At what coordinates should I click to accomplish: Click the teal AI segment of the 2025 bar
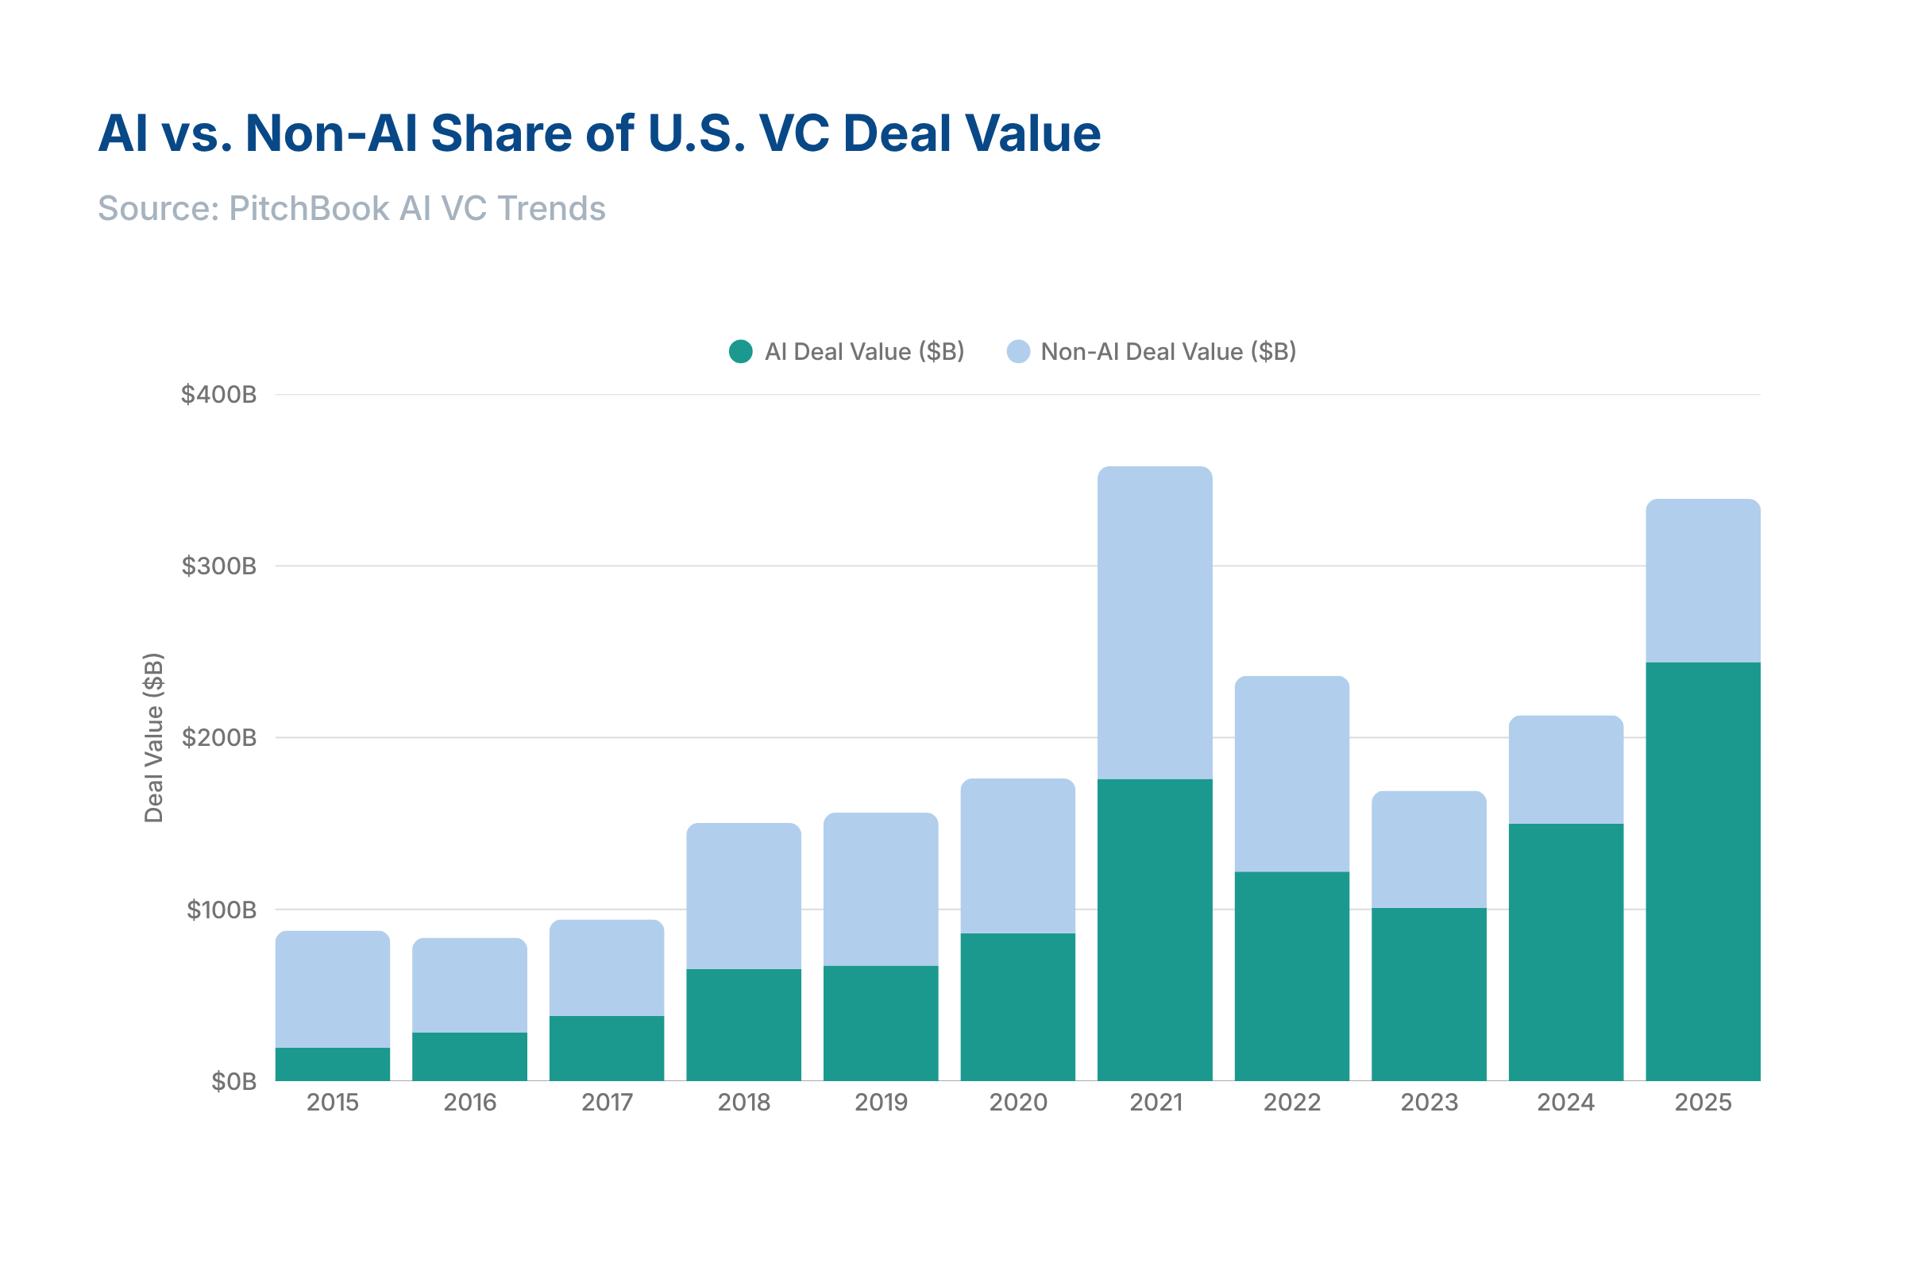1703,871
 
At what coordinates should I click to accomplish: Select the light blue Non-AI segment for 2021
1155,623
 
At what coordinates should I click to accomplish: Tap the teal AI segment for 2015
332,1064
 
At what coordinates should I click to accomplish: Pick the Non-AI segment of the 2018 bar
744,896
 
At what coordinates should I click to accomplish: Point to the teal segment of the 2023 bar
1429,994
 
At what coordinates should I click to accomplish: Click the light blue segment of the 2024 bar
1565,769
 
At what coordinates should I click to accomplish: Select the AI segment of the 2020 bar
1018,1006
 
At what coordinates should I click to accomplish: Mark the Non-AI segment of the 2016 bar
469,984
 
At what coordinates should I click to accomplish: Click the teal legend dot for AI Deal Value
741,352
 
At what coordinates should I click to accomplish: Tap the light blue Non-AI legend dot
1018,352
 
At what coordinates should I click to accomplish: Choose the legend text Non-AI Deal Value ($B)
1167,352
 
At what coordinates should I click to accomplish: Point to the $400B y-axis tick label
219,395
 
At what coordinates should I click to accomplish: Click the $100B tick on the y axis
222,910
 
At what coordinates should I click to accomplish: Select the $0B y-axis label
233,1081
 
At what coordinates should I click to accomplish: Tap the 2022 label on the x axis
1292,1103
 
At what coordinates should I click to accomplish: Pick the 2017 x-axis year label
606,1103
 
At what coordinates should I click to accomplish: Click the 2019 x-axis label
881,1103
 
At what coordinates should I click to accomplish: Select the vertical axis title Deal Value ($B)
154,738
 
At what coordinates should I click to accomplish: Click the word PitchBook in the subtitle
309,208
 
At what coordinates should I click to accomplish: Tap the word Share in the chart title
500,133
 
